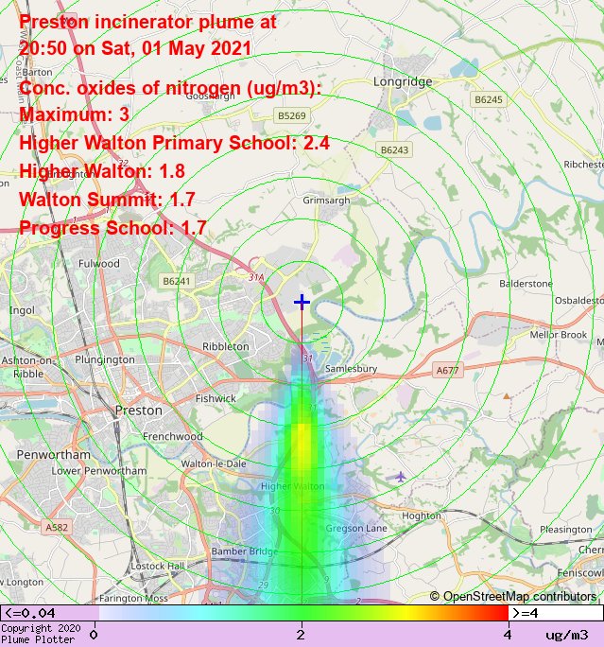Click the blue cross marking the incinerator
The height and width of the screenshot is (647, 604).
302,302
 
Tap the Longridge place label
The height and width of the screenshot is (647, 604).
403,82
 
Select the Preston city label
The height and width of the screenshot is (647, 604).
130,411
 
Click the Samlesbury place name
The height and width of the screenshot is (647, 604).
351,368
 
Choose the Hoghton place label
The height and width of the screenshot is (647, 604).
422,516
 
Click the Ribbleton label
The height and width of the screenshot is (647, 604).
226,347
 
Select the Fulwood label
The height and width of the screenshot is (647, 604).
99,264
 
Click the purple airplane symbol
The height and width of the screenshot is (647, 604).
402,475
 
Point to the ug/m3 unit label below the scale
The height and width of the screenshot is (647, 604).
567,634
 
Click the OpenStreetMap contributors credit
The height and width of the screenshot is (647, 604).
513,596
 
